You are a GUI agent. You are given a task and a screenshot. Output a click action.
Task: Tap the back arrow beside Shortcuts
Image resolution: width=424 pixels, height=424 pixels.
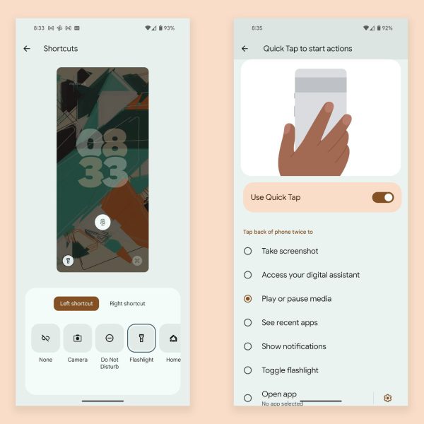click(x=27, y=49)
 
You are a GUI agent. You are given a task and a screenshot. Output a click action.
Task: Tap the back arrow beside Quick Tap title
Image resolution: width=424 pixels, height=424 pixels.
click(x=245, y=49)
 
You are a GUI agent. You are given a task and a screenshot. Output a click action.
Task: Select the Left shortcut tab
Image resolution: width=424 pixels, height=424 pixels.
click(x=76, y=304)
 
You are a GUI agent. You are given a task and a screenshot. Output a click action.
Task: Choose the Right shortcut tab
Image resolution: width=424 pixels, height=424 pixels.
click(x=127, y=304)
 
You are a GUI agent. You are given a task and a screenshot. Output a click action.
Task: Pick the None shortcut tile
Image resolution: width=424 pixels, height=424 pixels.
click(x=45, y=338)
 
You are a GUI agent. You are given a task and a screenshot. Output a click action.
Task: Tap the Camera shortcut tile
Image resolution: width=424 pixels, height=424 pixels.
click(x=78, y=338)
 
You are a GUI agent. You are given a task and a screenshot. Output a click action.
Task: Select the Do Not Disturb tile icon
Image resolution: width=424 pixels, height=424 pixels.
click(x=110, y=338)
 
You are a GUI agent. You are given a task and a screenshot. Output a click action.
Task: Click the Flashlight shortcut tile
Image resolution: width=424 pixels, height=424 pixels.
click(x=141, y=338)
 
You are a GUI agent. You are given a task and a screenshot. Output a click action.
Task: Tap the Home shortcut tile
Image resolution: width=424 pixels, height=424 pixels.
click(x=170, y=338)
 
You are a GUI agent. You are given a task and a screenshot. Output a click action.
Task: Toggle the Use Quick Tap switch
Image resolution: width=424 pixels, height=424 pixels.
click(x=383, y=197)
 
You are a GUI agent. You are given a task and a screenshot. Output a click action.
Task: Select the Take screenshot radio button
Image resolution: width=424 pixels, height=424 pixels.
click(x=248, y=251)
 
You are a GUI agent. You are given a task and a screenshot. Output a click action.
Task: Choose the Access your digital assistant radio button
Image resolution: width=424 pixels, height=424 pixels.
click(x=248, y=275)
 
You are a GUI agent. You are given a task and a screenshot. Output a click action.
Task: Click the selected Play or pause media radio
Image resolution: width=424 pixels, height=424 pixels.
click(x=248, y=299)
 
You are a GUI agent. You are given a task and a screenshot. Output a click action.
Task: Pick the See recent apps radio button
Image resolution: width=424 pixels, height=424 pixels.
click(x=248, y=323)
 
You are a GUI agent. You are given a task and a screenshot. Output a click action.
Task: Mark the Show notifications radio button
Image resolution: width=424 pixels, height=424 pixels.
click(x=248, y=346)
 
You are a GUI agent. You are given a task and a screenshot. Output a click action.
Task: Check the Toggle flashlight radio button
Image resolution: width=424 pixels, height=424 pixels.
click(x=248, y=370)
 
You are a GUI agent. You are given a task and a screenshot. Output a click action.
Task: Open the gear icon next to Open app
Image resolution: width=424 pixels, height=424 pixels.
click(x=387, y=398)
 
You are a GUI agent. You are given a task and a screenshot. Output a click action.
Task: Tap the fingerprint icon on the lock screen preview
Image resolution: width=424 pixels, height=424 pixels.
click(x=102, y=223)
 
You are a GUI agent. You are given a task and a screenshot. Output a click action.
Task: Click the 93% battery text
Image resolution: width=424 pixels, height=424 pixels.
click(x=170, y=28)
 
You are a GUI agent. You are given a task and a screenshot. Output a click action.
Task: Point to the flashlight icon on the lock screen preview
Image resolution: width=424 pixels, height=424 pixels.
click(x=68, y=261)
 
